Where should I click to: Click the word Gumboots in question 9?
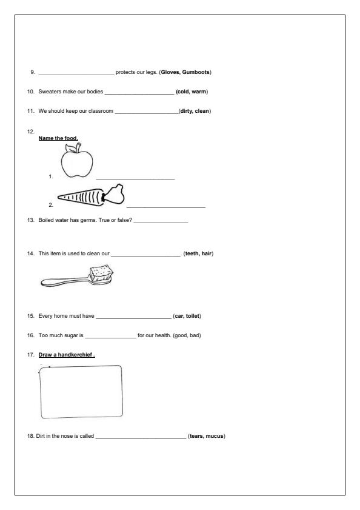tap(196, 72)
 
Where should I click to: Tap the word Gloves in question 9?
tap(171, 72)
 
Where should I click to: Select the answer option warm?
tap(199, 92)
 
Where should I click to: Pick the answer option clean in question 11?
tap(202, 111)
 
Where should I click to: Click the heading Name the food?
tap(58, 138)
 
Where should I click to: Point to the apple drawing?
tap(77, 161)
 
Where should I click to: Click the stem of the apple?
tap(78, 148)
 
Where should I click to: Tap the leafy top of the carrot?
tap(113, 195)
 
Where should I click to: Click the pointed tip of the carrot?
tap(58, 196)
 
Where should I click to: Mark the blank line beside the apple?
tap(135, 178)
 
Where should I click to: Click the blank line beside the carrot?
tap(166, 207)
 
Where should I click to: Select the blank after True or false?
tap(161, 223)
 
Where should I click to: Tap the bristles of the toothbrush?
tap(101, 272)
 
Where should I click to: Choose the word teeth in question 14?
tap(192, 253)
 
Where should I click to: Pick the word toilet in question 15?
tap(193, 316)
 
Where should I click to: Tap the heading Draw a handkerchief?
tap(67, 355)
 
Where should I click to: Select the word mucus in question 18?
tap(215, 436)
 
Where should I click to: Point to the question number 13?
tap(30, 220)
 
